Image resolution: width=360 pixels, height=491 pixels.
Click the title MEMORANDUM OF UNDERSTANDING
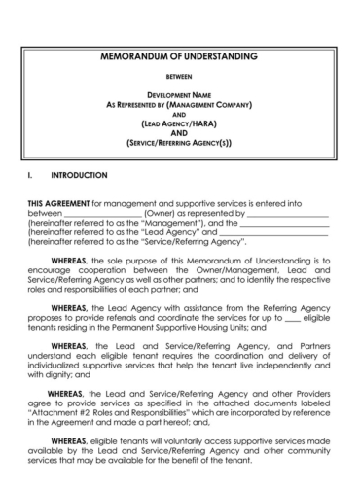point(180,57)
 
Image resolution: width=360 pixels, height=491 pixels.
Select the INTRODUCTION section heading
point(80,176)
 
